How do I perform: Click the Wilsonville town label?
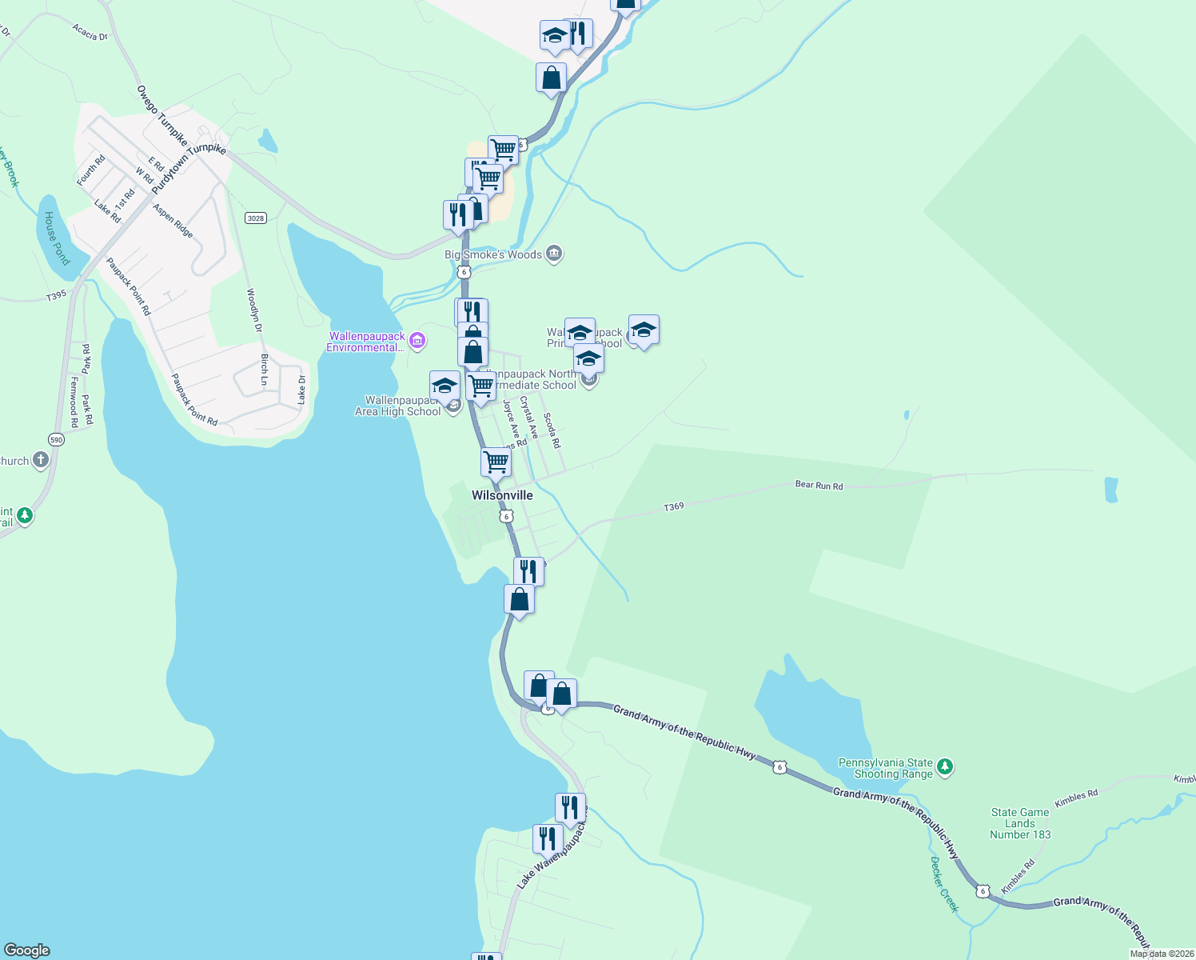pos(502,495)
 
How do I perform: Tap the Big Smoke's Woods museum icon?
pos(554,254)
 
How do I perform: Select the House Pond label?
pos(57,238)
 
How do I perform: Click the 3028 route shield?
pos(256,218)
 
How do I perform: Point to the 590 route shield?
pos(56,440)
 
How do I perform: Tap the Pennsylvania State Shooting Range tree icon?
pos(946,768)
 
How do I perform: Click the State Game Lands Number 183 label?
pos(1020,823)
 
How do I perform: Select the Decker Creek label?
pos(944,884)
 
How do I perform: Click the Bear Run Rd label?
pos(819,486)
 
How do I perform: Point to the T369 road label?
pos(674,506)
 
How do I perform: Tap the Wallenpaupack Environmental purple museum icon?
pos(417,342)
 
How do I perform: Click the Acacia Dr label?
pos(90,32)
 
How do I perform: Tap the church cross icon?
pos(41,460)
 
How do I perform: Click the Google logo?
pos(26,950)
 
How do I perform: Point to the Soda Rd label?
pos(552,430)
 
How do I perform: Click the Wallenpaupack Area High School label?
pos(398,406)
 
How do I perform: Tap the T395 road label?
pos(56,296)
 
